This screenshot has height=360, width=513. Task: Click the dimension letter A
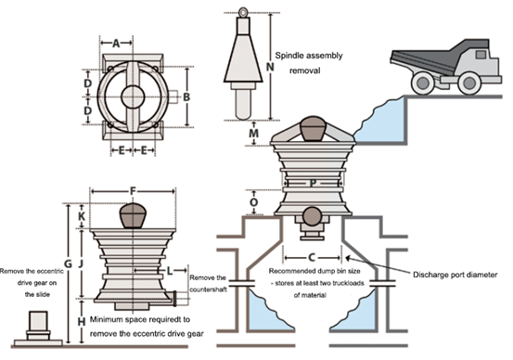(x=116, y=43)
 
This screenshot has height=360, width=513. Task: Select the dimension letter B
(x=186, y=96)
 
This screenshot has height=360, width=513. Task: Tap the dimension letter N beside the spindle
(x=270, y=67)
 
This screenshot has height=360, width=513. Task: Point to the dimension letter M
(x=254, y=134)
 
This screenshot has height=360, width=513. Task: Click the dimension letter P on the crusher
(x=314, y=184)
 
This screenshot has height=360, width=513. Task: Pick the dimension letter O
(x=254, y=202)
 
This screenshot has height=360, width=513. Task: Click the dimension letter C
(x=312, y=258)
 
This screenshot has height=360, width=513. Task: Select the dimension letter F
(x=133, y=191)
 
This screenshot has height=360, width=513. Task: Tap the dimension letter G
(x=68, y=264)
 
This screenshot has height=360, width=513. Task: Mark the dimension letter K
(x=82, y=216)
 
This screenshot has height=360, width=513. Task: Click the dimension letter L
(x=170, y=271)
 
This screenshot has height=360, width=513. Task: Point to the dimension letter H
(x=82, y=322)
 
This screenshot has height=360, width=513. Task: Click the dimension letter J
(x=81, y=264)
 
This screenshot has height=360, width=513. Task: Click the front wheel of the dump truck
(x=469, y=84)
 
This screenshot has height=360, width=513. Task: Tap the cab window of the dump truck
(x=481, y=55)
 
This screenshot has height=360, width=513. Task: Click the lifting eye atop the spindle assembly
(x=243, y=12)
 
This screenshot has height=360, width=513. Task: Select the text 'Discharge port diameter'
(x=455, y=275)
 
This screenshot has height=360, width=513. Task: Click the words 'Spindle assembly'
(x=309, y=56)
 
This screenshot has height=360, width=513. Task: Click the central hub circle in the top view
(x=133, y=96)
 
